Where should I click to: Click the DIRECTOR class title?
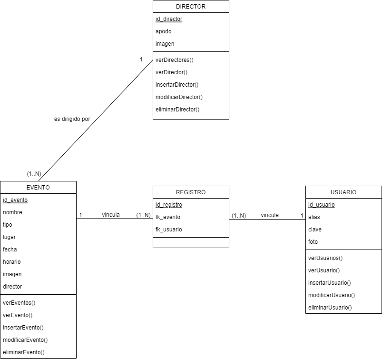click(x=190, y=7)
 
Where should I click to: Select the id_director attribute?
click(x=169, y=19)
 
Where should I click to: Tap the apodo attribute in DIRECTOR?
click(x=164, y=31)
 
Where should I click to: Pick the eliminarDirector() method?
click(x=177, y=110)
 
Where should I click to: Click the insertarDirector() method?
click(x=177, y=85)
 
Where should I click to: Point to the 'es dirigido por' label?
click(x=72, y=119)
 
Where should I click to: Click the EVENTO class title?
click(x=38, y=188)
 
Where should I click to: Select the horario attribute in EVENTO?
click(x=12, y=262)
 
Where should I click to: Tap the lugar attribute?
click(x=10, y=237)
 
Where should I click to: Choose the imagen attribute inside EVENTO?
click(x=12, y=274)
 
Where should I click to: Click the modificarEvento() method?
click(x=25, y=340)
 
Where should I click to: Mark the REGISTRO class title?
click(x=191, y=192)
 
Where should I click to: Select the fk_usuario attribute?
click(x=168, y=230)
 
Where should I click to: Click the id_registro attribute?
click(x=169, y=205)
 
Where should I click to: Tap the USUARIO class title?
click(x=343, y=192)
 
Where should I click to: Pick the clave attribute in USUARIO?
click(x=315, y=230)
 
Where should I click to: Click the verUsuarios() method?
click(x=325, y=258)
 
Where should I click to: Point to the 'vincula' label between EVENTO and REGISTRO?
click(x=111, y=215)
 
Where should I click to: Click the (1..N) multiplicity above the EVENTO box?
click(x=34, y=174)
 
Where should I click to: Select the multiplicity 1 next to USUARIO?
click(x=302, y=215)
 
